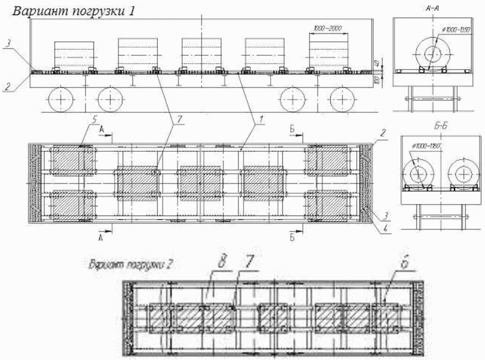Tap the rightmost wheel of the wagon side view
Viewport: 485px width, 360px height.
(x=344, y=98)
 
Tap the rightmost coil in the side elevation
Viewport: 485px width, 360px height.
(x=328, y=53)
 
